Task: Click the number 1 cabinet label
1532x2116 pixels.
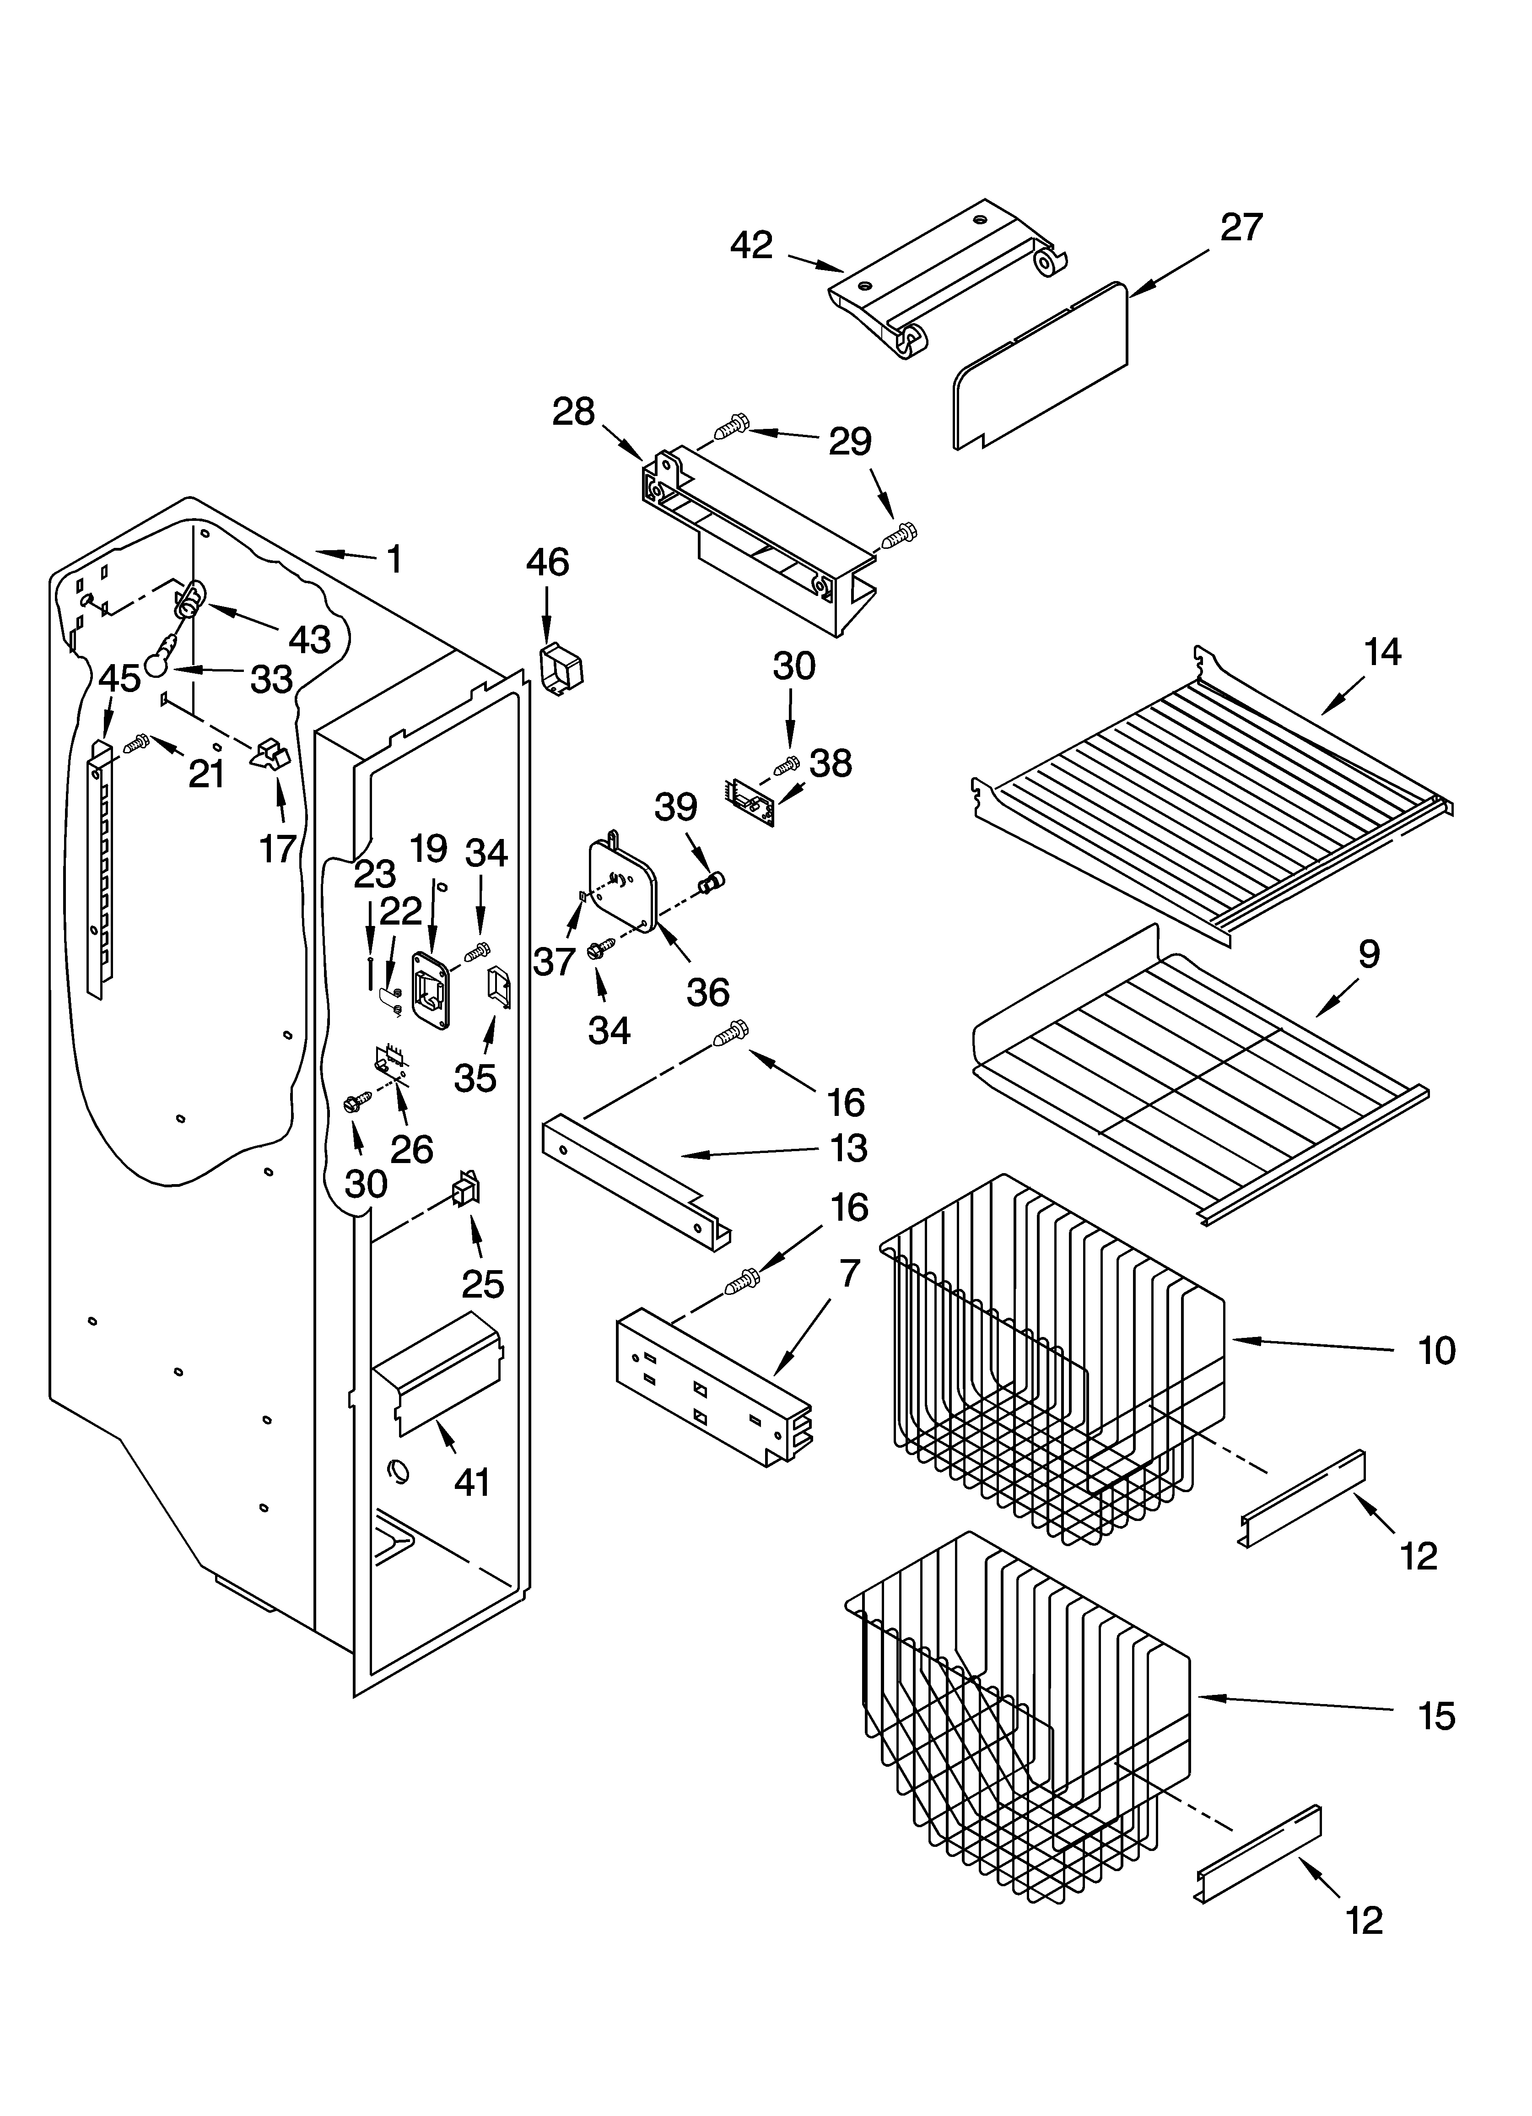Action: (394, 560)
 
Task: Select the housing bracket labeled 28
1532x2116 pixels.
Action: (756, 541)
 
